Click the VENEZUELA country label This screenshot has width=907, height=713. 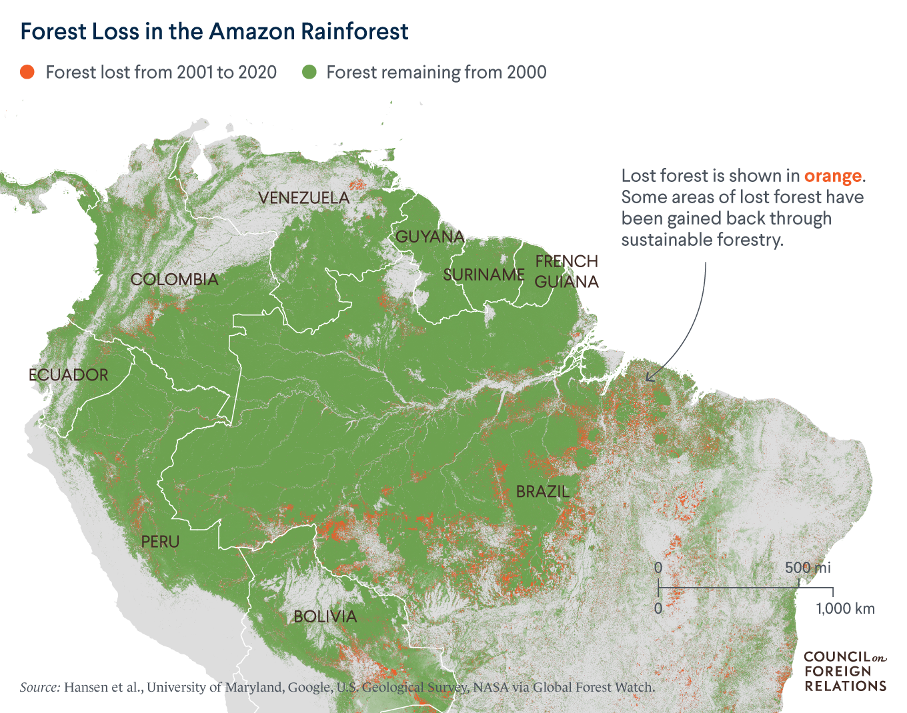click(303, 198)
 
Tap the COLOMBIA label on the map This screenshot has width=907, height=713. click(175, 279)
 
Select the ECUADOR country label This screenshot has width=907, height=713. click(68, 374)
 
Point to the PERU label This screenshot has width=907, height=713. click(160, 541)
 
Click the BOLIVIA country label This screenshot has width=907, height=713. click(325, 616)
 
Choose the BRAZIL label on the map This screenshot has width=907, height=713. click(543, 492)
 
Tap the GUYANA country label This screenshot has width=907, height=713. click(429, 237)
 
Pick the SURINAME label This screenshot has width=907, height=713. click(484, 275)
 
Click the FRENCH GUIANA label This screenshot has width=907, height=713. click(567, 271)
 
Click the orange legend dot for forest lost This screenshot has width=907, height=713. click(27, 72)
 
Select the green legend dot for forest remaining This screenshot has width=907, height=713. click(309, 72)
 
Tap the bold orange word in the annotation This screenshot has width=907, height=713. click(833, 176)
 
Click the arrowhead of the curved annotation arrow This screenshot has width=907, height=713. click(648, 378)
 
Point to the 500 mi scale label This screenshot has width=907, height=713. click(808, 568)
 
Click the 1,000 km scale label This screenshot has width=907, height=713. click(845, 608)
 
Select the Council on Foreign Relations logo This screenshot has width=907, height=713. click(845, 671)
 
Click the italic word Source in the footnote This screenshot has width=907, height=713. click(40, 687)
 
